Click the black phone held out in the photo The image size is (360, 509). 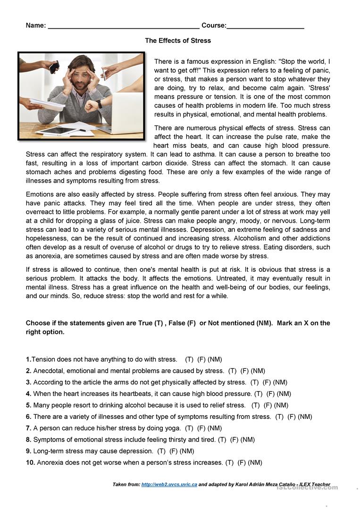pyautogui.click(x=53, y=67)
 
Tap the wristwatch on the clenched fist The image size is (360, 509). pyautogui.click(x=99, y=104)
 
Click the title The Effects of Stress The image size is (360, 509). pyautogui.click(x=178, y=41)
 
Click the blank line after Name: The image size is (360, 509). pyautogui.click(x=124, y=26)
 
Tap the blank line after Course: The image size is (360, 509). pyautogui.click(x=265, y=26)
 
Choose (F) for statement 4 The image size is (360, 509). pyautogui.click(x=270, y=394)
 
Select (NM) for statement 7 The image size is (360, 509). pyautogui.click(x=215, y=428)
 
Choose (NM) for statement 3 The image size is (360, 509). pyautogui.click(x=280, y=383)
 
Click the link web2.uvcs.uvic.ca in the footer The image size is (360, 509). pyautogui.click(x=169, y=484)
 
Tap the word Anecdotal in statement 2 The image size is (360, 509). pyautogui.click(x=50, y=371)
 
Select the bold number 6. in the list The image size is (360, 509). pyautogui.click(x=29, y=417)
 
